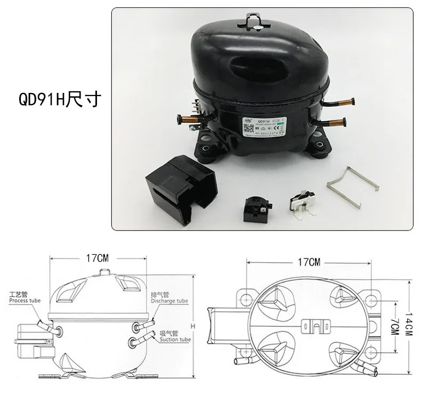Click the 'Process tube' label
tap(25, 301)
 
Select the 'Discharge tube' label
tap(169, 301)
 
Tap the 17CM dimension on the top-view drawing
tap(310, 262)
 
